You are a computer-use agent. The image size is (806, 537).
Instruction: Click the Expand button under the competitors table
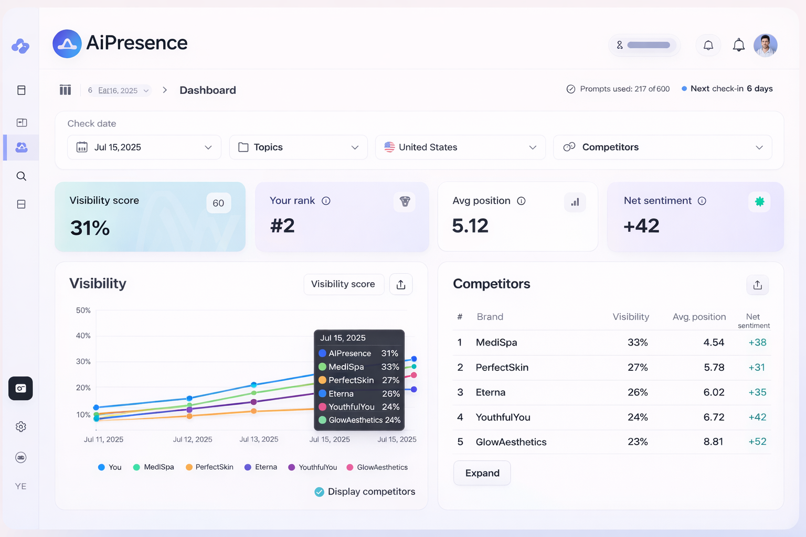click(482, 473)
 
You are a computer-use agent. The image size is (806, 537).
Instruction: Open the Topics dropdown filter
click(298, 147)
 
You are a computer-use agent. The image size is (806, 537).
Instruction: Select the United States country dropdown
click(460, 147)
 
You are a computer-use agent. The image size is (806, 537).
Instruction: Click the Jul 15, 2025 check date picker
click(144, 147)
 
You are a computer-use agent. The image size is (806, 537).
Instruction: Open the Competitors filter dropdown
click(662, 147)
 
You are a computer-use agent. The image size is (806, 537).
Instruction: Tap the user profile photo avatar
click(765, 46)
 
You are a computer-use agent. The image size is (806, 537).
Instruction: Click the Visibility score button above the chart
click(343, 284)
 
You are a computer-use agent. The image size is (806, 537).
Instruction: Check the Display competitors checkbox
click(319, 492)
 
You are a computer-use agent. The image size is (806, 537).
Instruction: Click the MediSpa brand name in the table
click(496, 342)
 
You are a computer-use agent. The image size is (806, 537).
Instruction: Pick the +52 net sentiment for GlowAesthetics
click(757, 442)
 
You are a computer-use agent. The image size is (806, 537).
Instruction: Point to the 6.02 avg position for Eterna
click(714, 392)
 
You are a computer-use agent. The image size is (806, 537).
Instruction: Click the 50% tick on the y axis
click(83, 310)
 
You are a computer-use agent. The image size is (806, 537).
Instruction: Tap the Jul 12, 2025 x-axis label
click(193, 439)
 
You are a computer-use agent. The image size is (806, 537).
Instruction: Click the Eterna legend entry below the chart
click(261, 467)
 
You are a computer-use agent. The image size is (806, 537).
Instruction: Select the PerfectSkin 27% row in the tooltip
click(359, 380)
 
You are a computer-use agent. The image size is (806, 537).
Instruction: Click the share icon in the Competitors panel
click(757, 285)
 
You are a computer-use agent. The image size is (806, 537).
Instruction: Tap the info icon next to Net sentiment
click(702, 201)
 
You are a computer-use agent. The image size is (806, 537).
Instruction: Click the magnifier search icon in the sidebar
click(21, 176)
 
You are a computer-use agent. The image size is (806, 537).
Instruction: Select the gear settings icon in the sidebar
click(21, 427)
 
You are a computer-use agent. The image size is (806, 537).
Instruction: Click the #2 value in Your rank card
click(282, 226)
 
